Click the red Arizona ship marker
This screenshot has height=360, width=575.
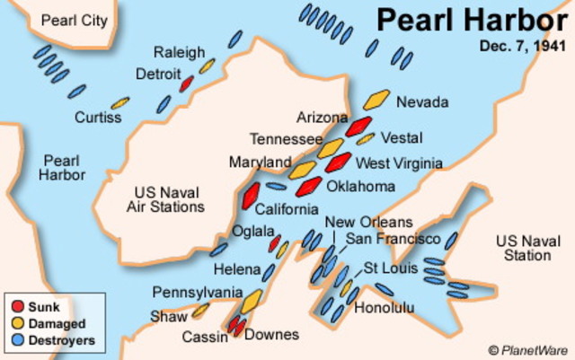pyautogui.click(x=358, y=125)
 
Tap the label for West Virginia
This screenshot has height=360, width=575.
pyautogui.click(x=399, y=163)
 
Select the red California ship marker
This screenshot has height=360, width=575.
pyautogui.click(x=250, y=196)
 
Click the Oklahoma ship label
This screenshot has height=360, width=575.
pyautogui.click(x=359, y=186)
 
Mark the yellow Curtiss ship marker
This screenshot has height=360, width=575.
pyautogui.click(x=119, y=103)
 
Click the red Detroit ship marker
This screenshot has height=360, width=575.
pyautogui.click(x=187, y=83)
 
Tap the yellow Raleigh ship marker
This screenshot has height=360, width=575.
pyautogui.click(x=208, y=66)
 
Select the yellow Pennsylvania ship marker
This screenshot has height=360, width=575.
pyautogui.click(x=252, y=300)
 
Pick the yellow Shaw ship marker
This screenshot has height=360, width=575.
pyautogui.click(x=199, y=311)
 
